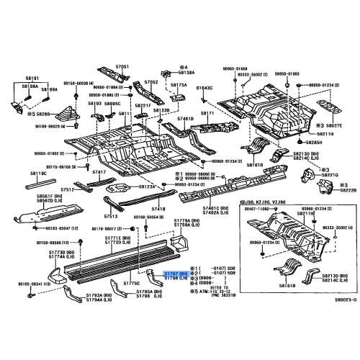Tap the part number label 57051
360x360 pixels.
(123, 66)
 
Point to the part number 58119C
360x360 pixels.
(39, 174)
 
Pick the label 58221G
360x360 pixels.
(330, 174)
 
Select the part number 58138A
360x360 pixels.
(186, 73)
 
